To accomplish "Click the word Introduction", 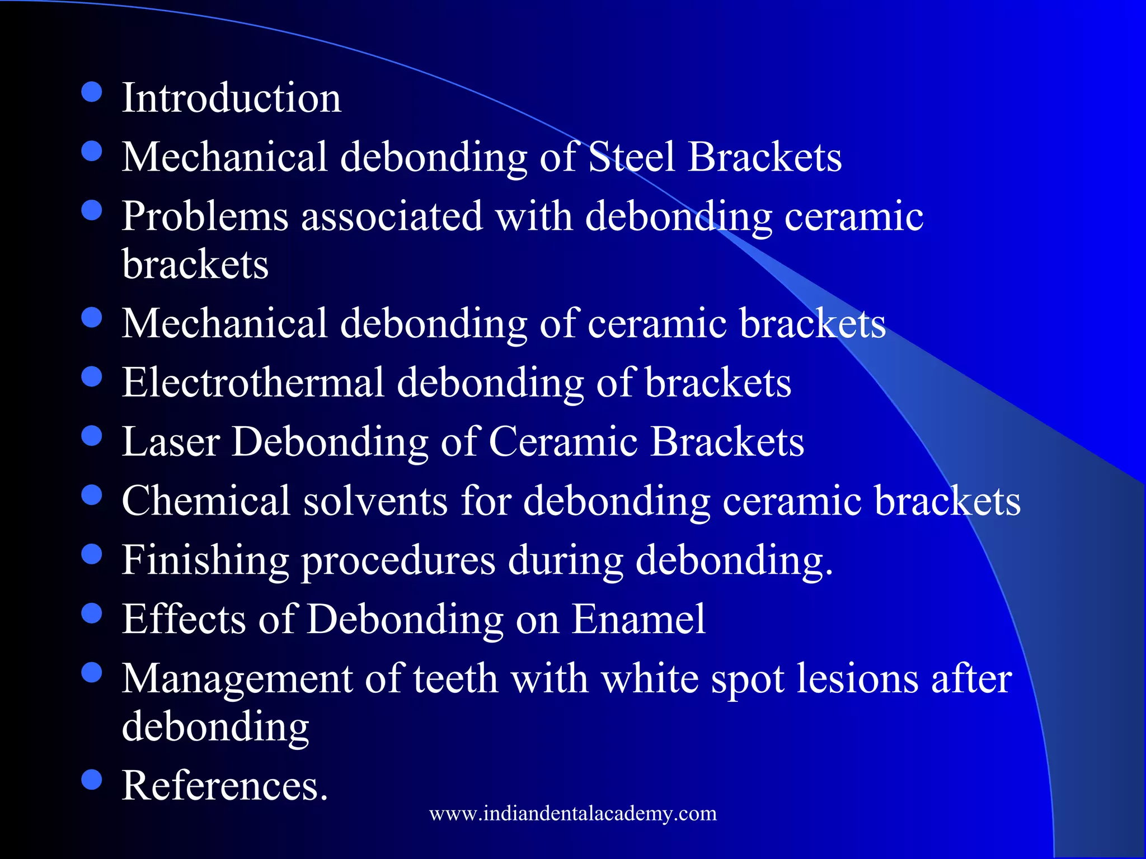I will tap(231, 98).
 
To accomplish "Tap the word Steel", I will tap(632, 157).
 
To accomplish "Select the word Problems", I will tap(205, 216).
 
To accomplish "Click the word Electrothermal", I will tap(253, 383).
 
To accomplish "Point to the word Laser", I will tap(171, 442).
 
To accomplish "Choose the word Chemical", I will tap(206, 501).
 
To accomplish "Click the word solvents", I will tap(375, 501).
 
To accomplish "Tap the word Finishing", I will tap(205, 560).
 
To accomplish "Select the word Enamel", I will tap(638, 619).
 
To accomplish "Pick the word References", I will tap(225, 786).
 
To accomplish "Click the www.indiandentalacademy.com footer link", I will tap(573, 813).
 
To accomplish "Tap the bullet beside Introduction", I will tap(92, 93).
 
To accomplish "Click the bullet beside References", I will tap(92, 780).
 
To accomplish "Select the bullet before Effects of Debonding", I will tap(92, 614).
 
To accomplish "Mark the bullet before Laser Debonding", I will tap(92, 436).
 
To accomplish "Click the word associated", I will tap(392, 216).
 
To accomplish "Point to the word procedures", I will tap(398, 560).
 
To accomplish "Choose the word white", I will tap(650, 679).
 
